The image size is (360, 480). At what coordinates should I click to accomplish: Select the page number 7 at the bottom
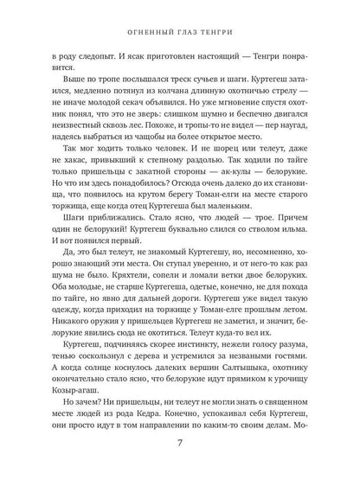click(179, 445)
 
